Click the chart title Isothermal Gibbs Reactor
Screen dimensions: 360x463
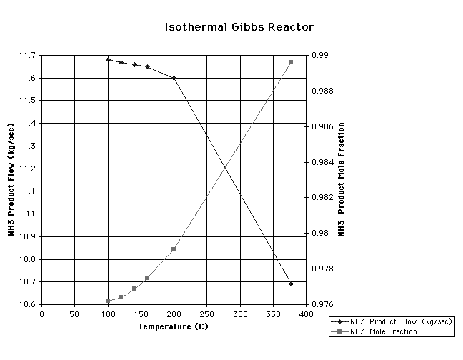pos(239,27)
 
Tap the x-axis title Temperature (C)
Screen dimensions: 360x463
pos(174,326)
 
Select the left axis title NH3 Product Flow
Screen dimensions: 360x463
pos(11,180)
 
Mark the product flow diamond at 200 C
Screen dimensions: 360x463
pos(174,78)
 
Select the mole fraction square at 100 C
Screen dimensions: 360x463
pos(108,301)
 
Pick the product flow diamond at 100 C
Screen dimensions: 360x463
pos(108,59)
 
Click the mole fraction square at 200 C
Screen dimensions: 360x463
pos(174,249)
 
